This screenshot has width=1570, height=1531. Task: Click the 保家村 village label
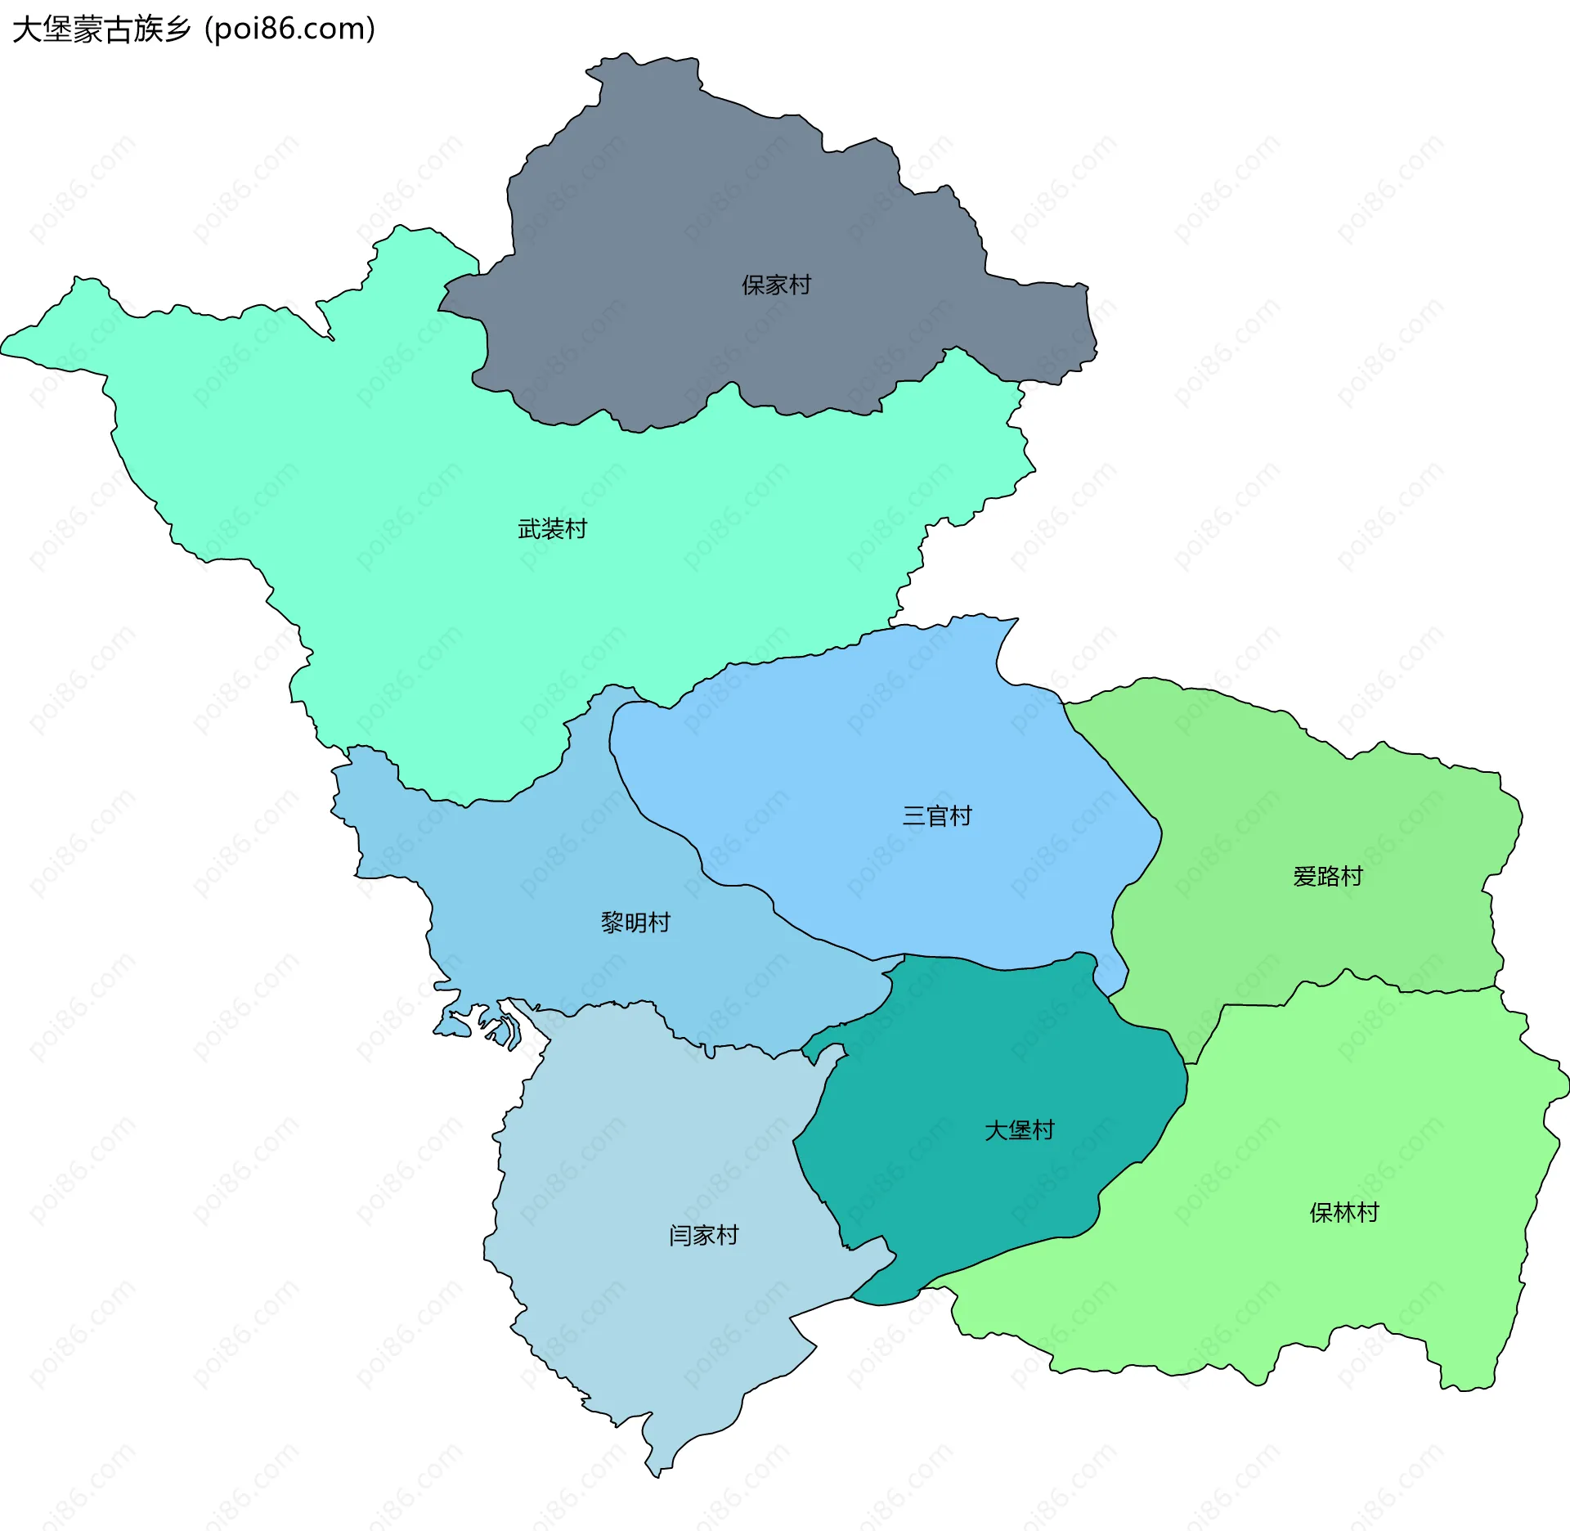[x=776, y=285]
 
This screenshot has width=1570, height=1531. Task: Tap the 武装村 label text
[x=553, y=529]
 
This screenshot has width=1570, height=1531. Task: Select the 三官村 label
[x=937, y=815]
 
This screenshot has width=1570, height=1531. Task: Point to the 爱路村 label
[x=1328, y=876]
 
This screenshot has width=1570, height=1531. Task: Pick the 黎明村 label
[x=635, y=922]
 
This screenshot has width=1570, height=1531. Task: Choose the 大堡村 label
[x=1019, y=1129]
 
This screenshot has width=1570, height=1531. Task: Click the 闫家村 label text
[x=703, y=1234]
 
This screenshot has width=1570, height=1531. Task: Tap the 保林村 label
[x=1344, y=1211]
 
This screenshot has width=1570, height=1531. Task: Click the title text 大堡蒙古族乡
[x=101, y=29]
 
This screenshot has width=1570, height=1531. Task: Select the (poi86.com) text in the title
[x=290, y=29]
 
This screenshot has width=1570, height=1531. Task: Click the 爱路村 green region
[x=1308, y=801]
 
